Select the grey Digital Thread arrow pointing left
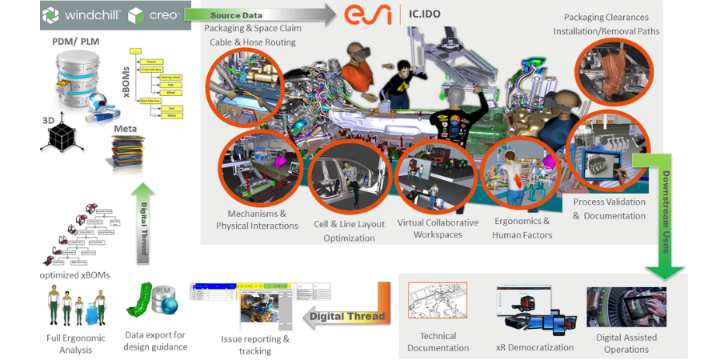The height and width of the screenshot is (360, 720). pyautogui.click(x=348, y=316)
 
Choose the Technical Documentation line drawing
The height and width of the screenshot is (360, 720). pyautogui.click(x=438, y=304)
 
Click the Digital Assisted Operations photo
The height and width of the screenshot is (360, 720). pyautogui.click(x=626, y=306)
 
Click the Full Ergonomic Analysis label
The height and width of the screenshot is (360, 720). pyautogui.click(x=76, y=343)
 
